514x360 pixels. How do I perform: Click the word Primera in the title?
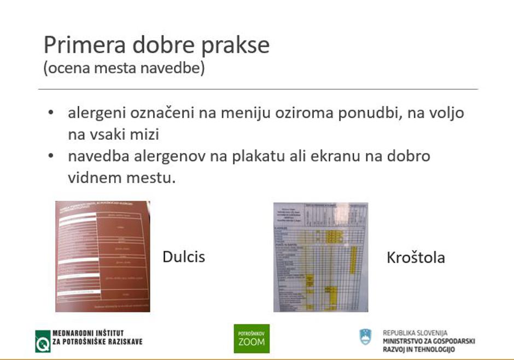77,45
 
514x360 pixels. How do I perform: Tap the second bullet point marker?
51,156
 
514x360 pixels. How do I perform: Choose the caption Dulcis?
184,256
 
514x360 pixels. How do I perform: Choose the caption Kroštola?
416,257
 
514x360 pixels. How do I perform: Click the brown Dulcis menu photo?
103,256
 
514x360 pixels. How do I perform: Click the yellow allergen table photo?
320,257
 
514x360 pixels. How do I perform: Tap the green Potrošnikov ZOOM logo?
252,339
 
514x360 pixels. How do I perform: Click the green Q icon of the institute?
43,341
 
